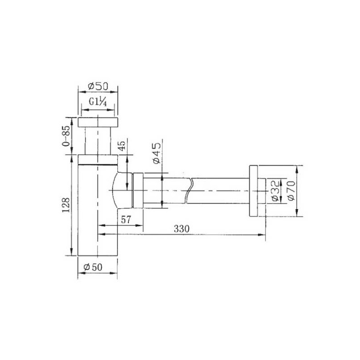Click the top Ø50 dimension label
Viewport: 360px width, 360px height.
(x=98, y=86)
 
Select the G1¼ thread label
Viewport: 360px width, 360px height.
(x=98, y=102)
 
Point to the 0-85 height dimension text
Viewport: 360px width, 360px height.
(x=66, y=136)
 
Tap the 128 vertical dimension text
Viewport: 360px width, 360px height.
(x=66, y=205)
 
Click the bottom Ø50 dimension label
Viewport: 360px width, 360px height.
(x=93, y=267)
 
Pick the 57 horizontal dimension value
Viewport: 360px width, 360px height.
(x=126, y=220)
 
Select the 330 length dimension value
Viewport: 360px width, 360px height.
(x=182, y=229)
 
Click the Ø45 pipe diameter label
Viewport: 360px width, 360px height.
(x=157, y=153)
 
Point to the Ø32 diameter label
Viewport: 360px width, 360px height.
(x=275, y=191)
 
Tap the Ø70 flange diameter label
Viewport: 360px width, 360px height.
(x=291, y=191)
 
